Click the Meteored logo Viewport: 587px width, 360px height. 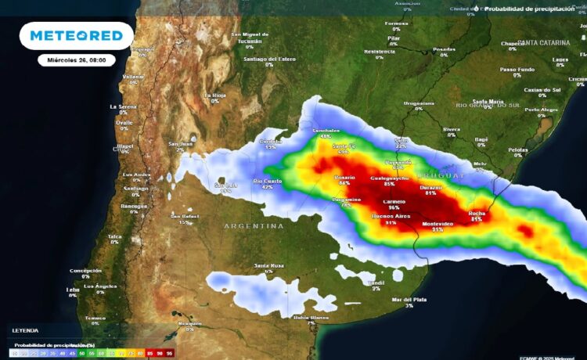[x=77, y=36]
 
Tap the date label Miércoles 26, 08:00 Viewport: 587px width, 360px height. [x=77, y=59]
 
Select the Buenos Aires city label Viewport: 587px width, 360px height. [x=391, y=215]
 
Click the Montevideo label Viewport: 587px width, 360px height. [x=438, y=224]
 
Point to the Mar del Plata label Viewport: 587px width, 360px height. [x=409, y=300]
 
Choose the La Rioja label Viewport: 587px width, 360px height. [x=214, y=95]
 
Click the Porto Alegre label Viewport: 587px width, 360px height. [x=541, y=110]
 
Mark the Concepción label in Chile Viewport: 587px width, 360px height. [x=85, y=271]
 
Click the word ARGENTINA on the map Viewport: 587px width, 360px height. [x=254, y=226]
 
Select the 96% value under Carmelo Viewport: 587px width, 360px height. [x=394, y=207]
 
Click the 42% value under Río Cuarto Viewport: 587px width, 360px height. [x=267, y=187]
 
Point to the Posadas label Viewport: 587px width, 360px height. [x=444, y=49]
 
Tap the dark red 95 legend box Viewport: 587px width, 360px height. [x=169, y=354]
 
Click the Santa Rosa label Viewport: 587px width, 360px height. [x=268, y=266]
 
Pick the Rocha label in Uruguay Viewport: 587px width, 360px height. [x=476, y=213]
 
